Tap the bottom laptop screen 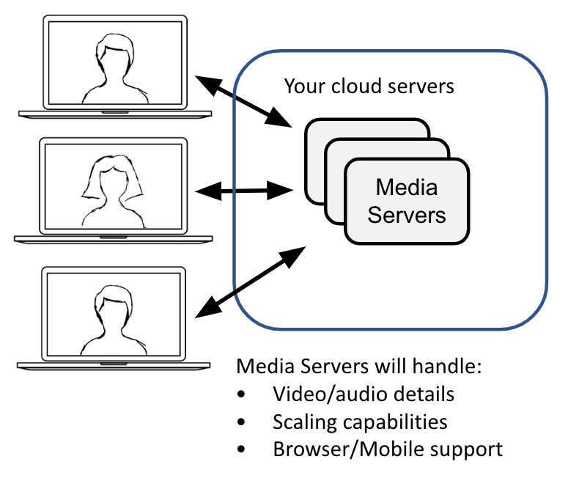pyautogui.click(x=114, y=314)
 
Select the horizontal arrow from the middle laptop pyautogui.click(x=244, y=191)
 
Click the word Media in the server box pyautogui.click(x=406, y=188)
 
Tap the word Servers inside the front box pyautogui.click(x=406, y=214)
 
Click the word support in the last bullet pyautogui.click(x=466, y=449)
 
